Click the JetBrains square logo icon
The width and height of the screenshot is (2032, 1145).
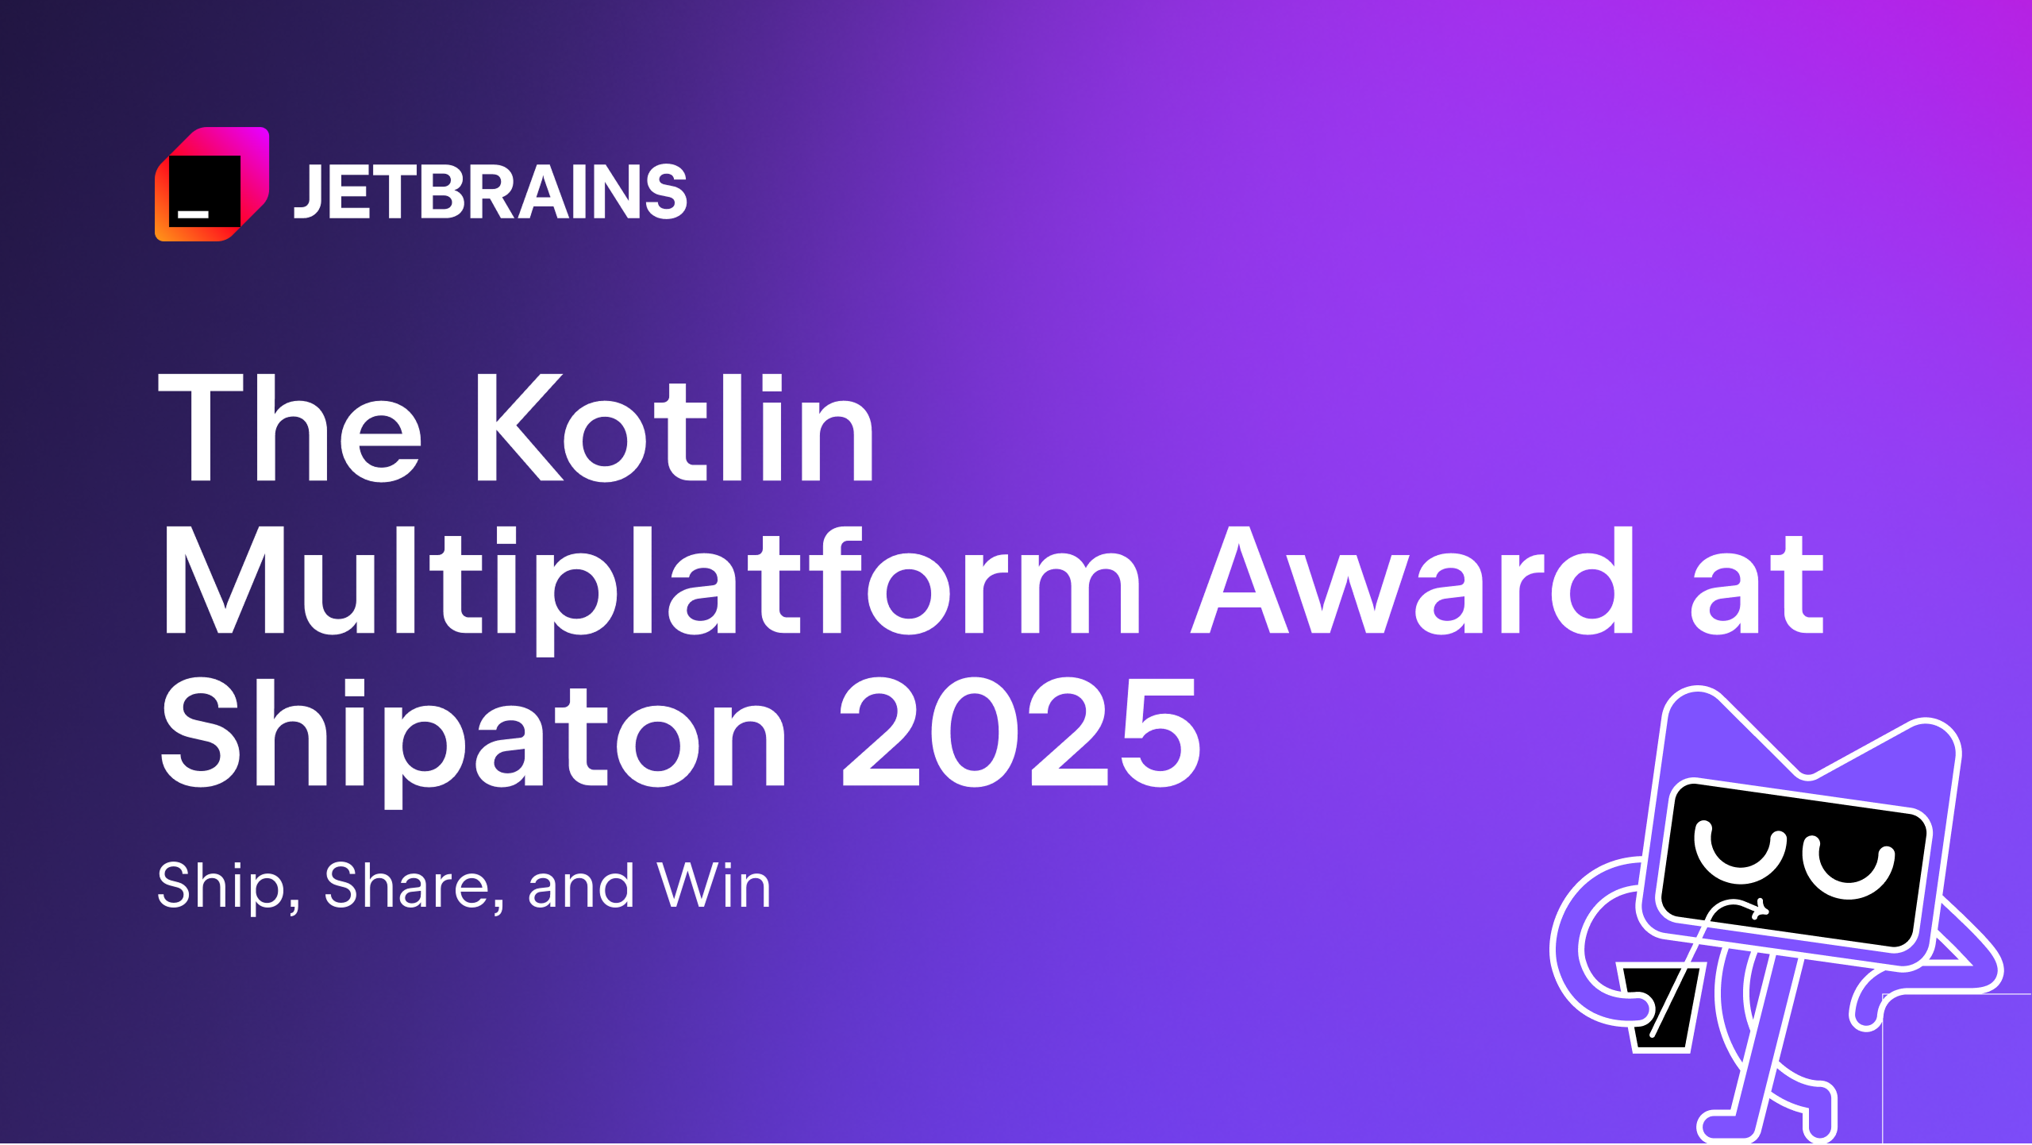[212, 184]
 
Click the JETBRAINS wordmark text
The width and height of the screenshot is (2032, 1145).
[490, 191]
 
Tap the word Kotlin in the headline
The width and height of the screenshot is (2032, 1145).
[674, 429]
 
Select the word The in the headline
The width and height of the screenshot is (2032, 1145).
[290, 429]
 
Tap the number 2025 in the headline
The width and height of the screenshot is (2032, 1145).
[1021, 734]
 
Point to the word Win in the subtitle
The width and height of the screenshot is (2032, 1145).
[714, 885]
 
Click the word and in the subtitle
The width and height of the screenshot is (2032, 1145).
[581, 886]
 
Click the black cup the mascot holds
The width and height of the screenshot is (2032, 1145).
[1662, 1008]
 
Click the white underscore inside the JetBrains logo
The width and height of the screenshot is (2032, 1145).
[193, 214]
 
